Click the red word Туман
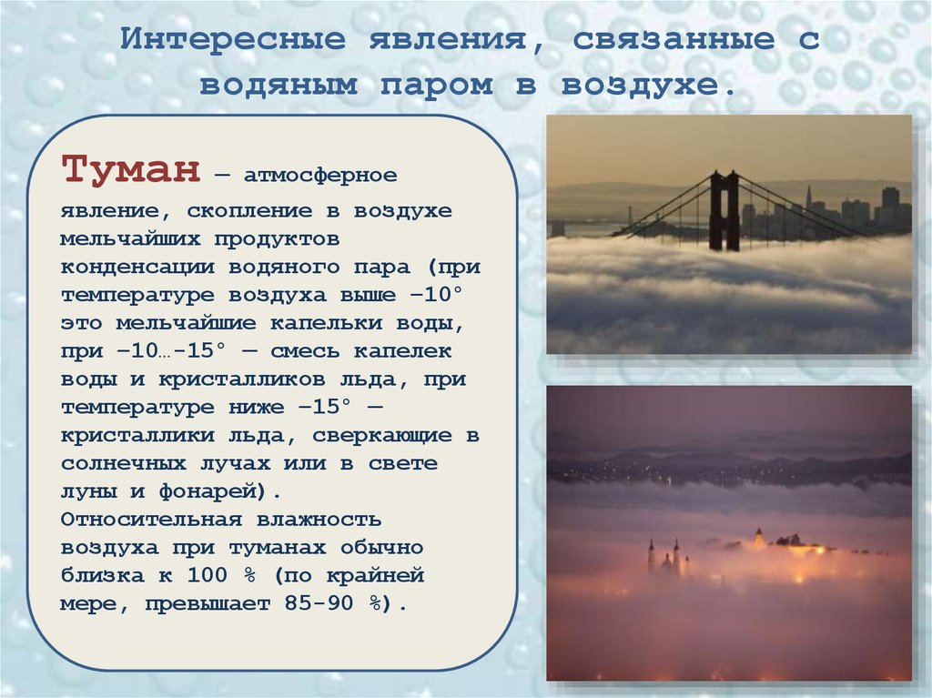tap(130, 170)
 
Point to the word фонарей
tap(219, 492)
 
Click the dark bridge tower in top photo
tap(724, 211)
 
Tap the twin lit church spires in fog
tap(663, 556)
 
